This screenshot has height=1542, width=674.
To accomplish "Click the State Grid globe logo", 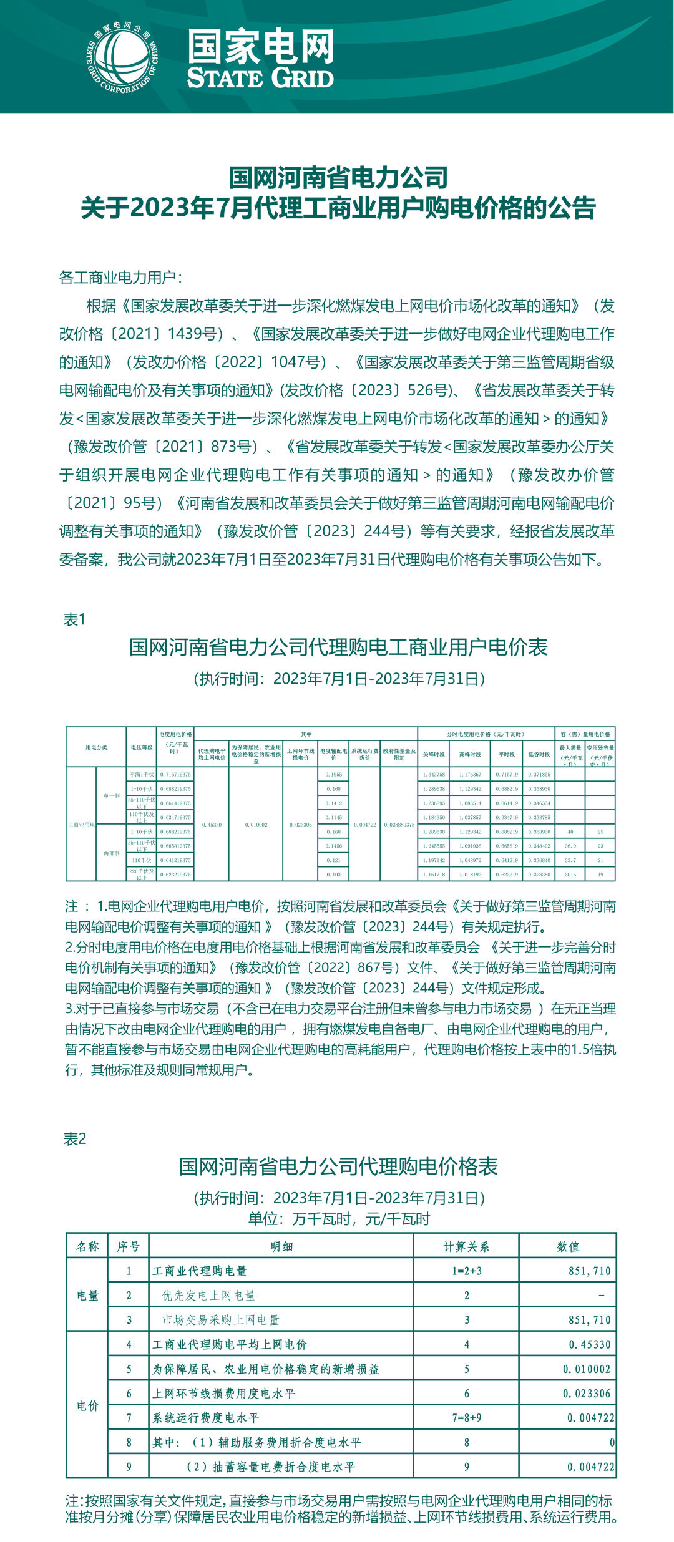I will (x=122, y=58).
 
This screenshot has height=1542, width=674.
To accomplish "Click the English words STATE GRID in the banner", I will (x=260, y=79).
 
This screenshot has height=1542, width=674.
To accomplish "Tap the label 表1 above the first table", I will (x=74, y=619).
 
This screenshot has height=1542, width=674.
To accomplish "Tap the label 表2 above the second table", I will (x=75, y=1139).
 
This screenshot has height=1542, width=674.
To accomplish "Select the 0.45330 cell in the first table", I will (x=212, y=825).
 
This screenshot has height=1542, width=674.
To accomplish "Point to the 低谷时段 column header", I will (x=539, y=754).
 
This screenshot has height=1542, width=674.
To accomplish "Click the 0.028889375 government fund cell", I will (x=399, y=825).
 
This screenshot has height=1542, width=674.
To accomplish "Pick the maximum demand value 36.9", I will (x=570, y=846).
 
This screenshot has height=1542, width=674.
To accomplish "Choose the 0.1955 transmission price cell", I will (x=334, y=775).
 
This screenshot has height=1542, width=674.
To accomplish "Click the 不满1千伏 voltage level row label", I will (x=142, y=775).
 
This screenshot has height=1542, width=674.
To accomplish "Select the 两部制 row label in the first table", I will (x=112, y=853).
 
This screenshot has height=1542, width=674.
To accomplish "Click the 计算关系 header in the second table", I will (x=466, y=1247).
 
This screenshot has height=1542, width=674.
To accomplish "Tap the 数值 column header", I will (x=568, y=1247).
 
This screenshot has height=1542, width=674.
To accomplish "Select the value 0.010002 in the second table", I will (x=587, y=1369).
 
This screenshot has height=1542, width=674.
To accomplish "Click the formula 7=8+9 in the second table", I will (x=467, y=1418).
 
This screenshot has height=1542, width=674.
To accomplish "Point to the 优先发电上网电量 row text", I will (x=209, y=1296).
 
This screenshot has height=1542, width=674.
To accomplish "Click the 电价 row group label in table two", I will (x=88, y=1405).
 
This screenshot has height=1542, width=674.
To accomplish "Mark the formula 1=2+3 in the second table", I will (x=467, y=1271).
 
